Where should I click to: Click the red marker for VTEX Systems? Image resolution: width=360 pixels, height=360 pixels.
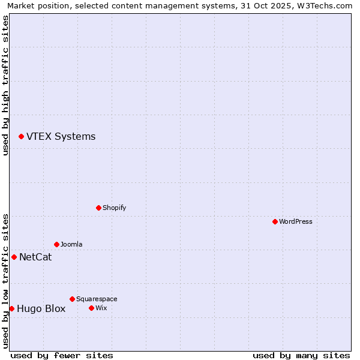coord(21,137)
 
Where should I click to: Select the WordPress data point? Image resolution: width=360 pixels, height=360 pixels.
coord(275,221)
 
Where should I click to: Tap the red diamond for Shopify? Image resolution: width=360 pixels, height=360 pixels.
coord(98,208)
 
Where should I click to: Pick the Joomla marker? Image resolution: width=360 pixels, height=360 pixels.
coord(56,244)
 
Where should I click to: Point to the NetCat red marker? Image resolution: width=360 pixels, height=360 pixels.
coord(14,257)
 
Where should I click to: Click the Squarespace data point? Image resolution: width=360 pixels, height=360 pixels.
coord(72,299)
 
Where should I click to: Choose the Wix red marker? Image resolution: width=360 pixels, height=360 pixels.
coord(91,308)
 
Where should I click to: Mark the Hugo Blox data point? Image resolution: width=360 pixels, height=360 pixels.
coord(11,308)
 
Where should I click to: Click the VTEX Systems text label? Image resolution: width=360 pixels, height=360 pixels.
coord(61,137)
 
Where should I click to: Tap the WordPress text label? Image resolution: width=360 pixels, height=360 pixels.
coord(296,221)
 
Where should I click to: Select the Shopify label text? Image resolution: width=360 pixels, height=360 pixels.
coord(114,208)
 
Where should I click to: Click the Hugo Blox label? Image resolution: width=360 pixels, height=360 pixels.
coord(41,309)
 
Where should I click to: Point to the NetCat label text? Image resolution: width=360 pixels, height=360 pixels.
coord(35,257)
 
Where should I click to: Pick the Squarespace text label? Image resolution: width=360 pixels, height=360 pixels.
coord(97,299)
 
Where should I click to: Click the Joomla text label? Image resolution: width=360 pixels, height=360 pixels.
coord(71,244)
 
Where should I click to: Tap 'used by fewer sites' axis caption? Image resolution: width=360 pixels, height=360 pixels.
coord(62,355)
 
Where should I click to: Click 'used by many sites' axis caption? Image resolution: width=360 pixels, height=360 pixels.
coord(301,355)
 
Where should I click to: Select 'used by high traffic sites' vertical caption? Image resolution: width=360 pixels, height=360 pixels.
coord(5,85)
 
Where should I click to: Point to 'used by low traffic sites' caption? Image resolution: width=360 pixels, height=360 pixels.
coord(5,281)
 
